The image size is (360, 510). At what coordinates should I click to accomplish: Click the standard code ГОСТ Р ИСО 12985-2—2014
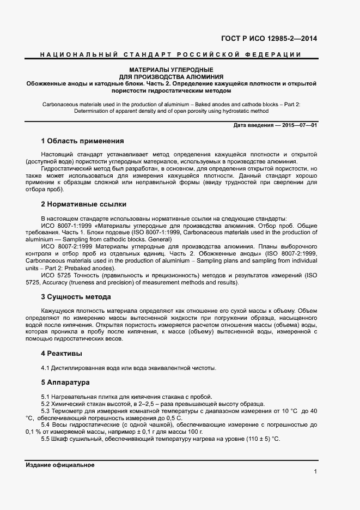(x=269, y=39)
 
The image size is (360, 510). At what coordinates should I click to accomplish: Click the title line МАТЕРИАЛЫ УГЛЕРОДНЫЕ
(x=170, y=70)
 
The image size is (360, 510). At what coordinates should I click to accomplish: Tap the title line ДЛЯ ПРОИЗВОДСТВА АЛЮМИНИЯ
(x=170, y=77)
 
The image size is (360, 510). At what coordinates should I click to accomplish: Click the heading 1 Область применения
(x=82, y=141)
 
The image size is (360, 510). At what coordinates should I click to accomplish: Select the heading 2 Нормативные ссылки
(x=83, y=204)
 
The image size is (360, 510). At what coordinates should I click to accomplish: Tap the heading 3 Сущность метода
(x=76, y=297)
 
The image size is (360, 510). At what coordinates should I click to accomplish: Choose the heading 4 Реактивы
(x=62, y=354)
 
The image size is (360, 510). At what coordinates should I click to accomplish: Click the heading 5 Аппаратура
(x=65, y=382)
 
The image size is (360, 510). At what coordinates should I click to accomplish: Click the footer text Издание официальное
(x=60, y=465)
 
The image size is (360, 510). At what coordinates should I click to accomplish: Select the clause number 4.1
(x=45, y=368)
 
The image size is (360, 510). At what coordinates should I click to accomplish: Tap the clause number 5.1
(x=45, y=396)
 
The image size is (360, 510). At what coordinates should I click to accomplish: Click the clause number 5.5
(x=45, y=439)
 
